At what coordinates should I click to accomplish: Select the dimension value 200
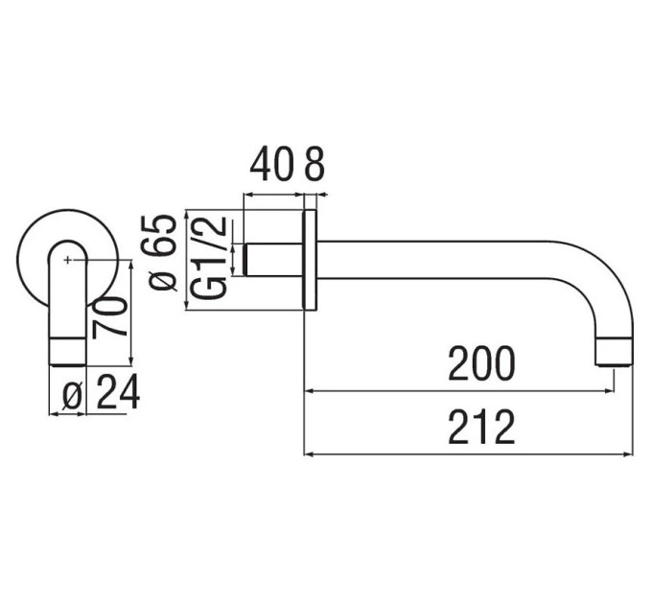tap(481, 363)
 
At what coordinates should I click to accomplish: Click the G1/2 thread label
tap(210, 257)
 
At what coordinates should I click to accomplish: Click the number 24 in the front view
tap(118, 391)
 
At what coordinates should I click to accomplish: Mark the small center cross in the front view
tap(67, 260)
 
